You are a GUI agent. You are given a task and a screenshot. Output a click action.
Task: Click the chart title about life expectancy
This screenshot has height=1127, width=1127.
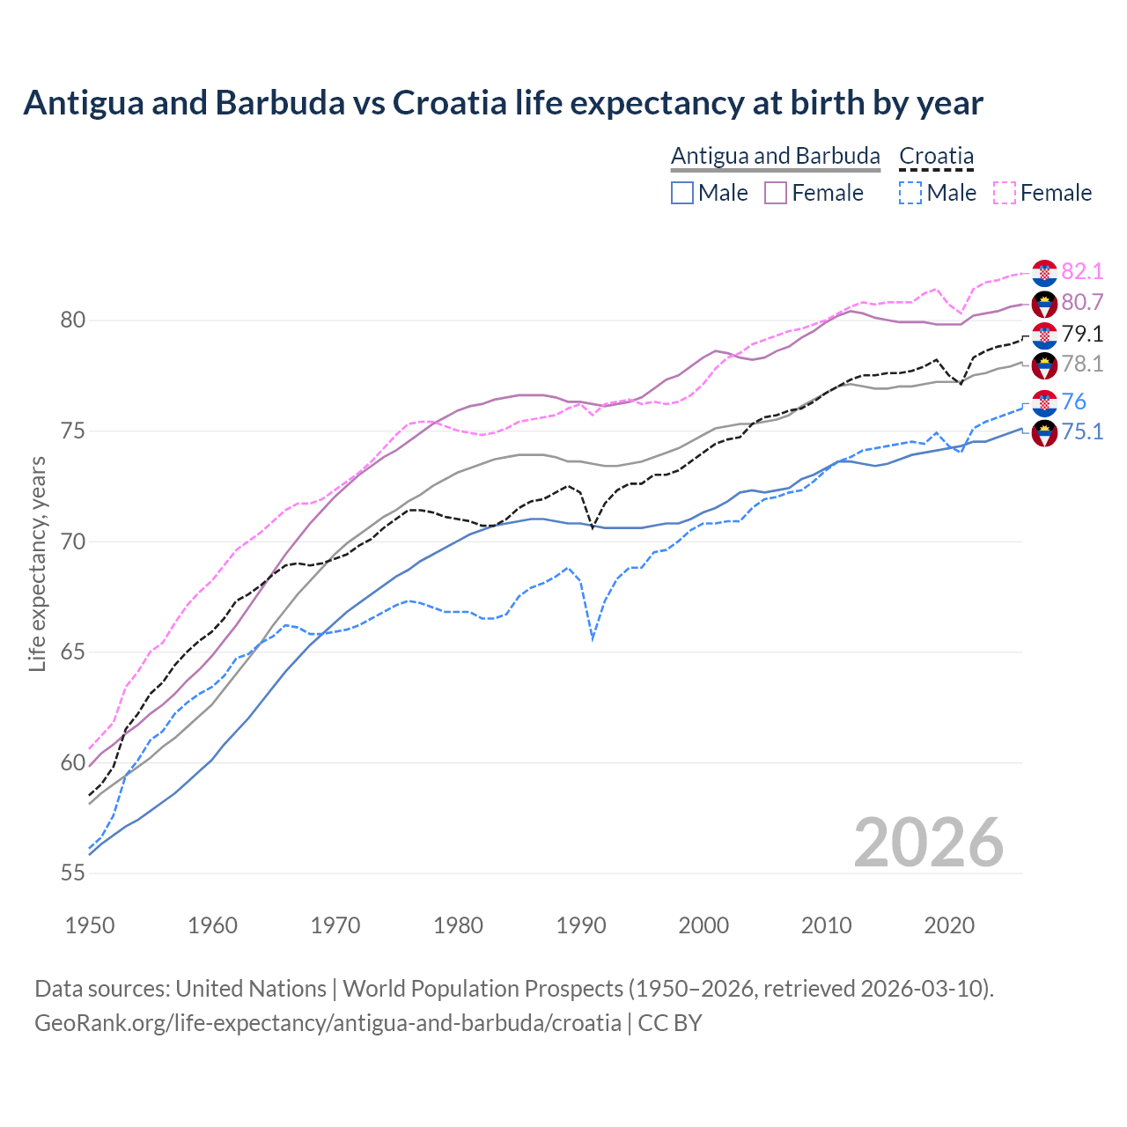(503, 103)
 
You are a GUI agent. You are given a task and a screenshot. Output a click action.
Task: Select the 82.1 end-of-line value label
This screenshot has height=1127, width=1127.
(1082, 272)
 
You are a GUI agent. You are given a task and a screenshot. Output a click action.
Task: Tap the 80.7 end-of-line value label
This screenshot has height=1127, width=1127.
(1082, 303)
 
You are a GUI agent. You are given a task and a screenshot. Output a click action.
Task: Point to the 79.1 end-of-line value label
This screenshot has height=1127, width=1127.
(1082, 334)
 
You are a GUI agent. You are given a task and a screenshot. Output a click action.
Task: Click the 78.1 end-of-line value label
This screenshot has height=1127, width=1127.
(1082, 365)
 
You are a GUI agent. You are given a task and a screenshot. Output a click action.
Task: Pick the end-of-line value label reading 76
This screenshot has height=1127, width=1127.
(1073, 402)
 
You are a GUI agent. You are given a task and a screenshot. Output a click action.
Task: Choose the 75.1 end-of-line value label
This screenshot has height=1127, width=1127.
(1082, 432)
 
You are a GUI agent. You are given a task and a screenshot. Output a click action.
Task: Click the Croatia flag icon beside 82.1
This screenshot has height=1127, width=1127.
(1044, 273)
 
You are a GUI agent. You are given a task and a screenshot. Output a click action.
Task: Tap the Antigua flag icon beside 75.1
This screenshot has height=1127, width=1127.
(1044, 433)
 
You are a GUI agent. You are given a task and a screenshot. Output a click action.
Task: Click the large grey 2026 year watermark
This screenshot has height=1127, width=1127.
(928, 843)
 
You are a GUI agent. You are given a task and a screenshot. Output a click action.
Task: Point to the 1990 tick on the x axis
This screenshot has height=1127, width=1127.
(581, 925)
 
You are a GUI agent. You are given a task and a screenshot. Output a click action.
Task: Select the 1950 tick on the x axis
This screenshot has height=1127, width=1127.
(90, 925)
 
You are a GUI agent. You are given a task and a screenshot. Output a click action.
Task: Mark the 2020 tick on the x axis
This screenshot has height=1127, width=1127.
(949, 925)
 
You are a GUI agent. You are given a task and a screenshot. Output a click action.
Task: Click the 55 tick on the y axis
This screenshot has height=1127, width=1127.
(73, 873)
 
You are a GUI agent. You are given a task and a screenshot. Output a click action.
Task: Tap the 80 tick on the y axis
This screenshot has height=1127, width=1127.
(73, 320)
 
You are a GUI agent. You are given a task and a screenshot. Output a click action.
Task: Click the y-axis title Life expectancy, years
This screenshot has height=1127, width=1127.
(38, 563)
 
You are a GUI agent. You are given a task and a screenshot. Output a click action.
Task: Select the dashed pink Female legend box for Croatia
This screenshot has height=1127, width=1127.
(1005, 193)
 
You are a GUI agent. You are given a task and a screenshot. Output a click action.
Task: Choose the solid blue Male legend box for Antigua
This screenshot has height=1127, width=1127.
(682, 193)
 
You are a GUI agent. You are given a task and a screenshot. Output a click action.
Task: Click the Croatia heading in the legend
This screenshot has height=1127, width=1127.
(936, 157)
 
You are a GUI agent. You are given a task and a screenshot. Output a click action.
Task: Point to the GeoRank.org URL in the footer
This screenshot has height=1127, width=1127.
(328, 1023)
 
